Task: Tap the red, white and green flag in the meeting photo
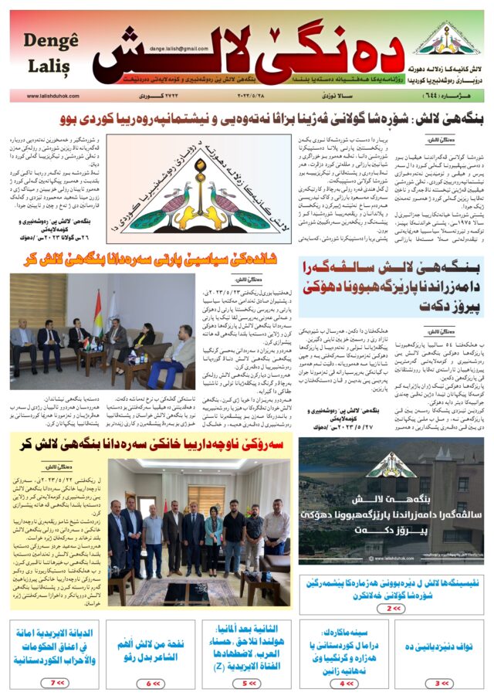(97, 310)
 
